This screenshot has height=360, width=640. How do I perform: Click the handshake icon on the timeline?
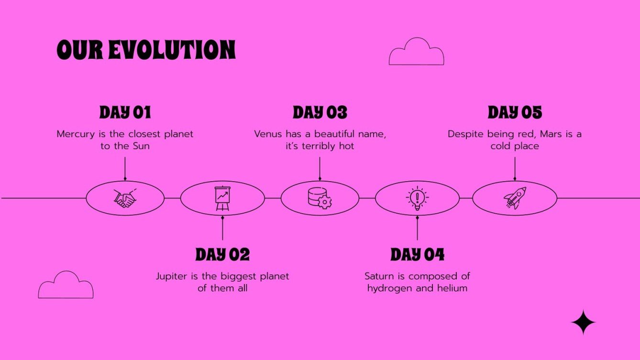[125, 198]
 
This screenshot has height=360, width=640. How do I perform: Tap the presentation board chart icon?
[222, 198]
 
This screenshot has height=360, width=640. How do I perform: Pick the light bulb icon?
[417, 198]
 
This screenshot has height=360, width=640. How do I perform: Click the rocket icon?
[515, 198]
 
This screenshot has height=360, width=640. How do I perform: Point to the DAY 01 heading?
[125, 113]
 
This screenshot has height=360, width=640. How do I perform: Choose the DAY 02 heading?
[222, 255]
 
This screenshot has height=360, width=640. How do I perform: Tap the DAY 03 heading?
[320, 113]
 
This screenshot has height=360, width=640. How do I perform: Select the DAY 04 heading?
[417, 255]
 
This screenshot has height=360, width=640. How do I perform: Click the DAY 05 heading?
[515, 113]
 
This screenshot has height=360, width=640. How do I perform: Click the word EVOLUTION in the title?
[172, 50]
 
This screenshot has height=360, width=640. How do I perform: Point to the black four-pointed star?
[584, 322]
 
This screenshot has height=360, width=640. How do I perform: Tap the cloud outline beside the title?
[416, 53]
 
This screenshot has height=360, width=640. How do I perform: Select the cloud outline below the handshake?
[66, 286]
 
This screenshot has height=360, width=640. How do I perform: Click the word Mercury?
[74, 134]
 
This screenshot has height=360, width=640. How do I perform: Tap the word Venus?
[268, 134]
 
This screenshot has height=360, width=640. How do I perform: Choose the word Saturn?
[380, 276]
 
